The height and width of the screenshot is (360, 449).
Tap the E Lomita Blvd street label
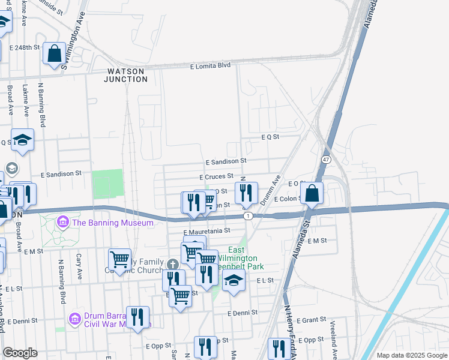(x=210, y=66)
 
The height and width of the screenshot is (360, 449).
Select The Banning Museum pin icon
(x=63, y=223)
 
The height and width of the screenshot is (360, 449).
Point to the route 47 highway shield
(x=325, y=160)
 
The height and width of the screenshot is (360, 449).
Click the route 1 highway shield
(x=247, y=215)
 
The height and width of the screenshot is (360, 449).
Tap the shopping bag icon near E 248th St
(x=54, y=53)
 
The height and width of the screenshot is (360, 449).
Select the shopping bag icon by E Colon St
(x=312, y=193)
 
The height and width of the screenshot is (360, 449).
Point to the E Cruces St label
(x=216, y=176)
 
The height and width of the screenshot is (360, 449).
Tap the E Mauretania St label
(x=206, y=230)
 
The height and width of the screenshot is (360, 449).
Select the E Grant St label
(x=310, y=320)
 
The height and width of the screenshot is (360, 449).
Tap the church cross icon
(x=173, y=264)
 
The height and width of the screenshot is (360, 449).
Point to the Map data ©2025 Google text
(x=411, y=355)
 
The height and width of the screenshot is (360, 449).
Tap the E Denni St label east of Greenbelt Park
(x=243, y=313)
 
